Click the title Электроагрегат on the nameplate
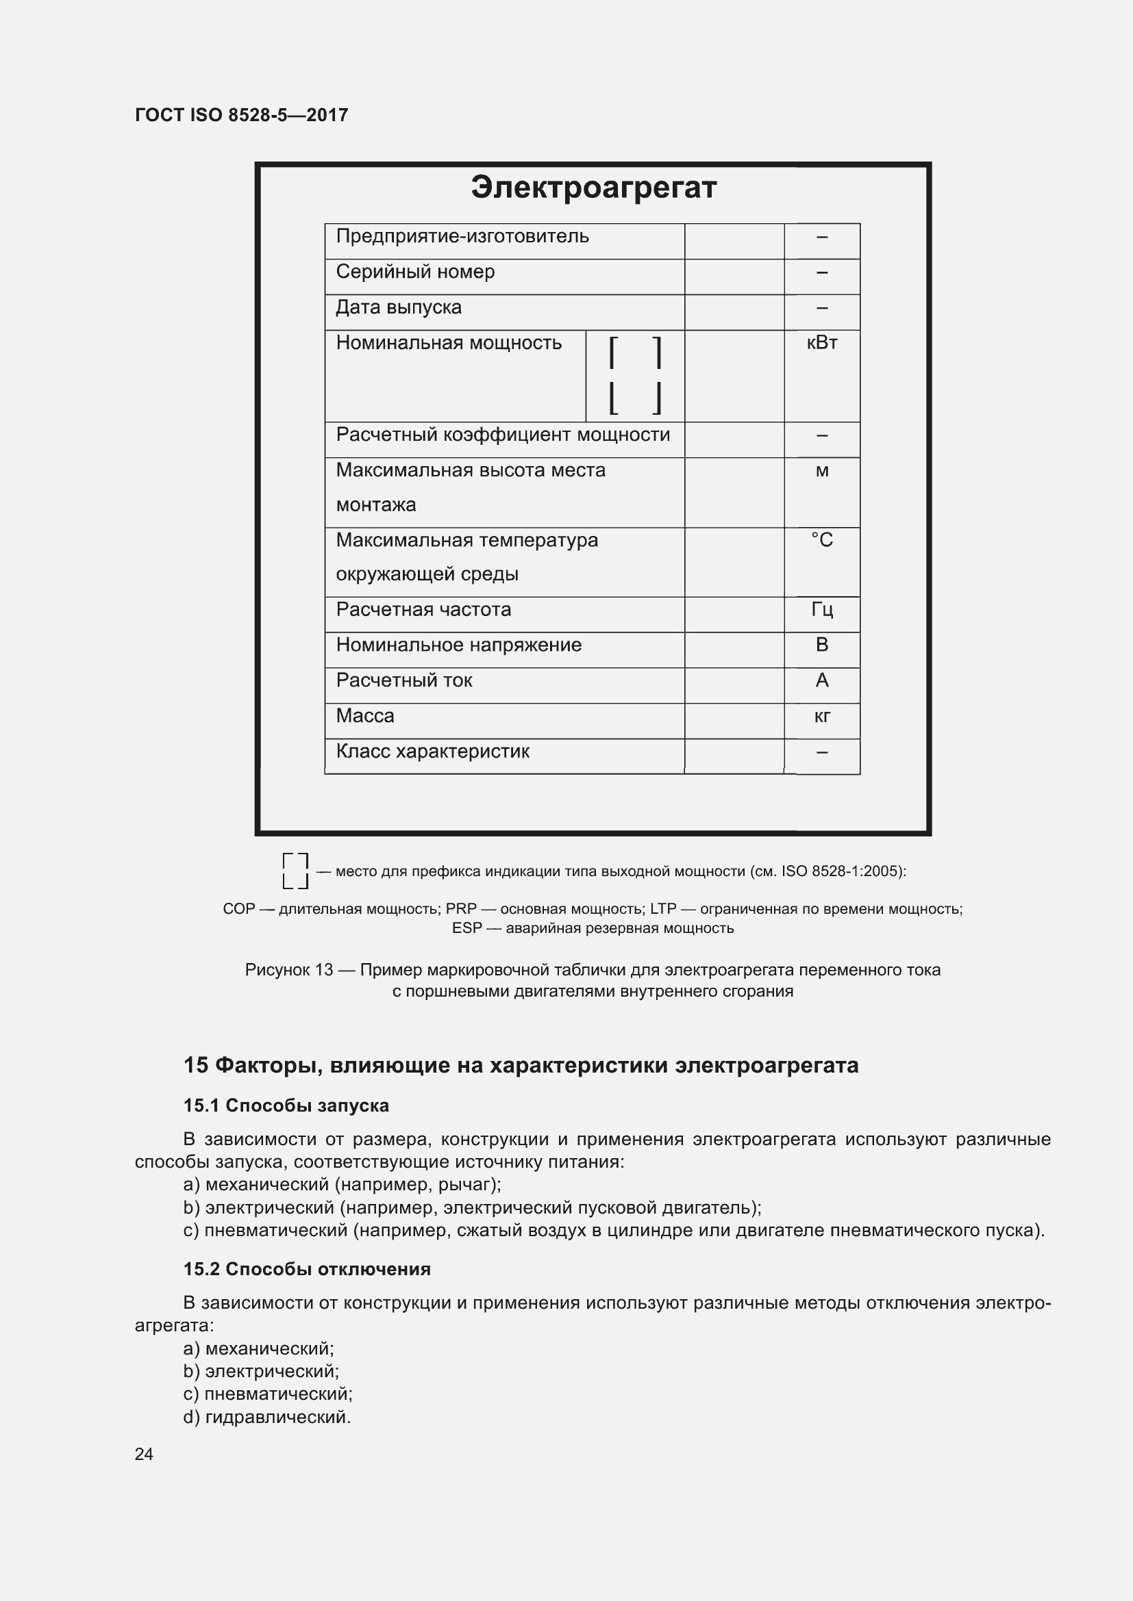tap(593, 188)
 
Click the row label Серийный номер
tap(415, 272)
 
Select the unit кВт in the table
tap(821, 343)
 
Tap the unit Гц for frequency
tap(821, 610)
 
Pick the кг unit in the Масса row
tap(821, 716)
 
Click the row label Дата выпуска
tap(399, 307)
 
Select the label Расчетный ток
tap(404, 680)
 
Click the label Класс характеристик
tap(432, 752)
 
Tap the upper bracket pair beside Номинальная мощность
tap(635, 353)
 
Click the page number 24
tap(144, 1454)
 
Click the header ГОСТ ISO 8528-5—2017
tap(241, 115)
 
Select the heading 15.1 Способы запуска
tap(286, 1106)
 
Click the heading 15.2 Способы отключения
tap(307, 1269)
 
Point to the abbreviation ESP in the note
tap(466, 929)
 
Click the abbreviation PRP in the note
tap(461, 909)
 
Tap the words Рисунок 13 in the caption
tap(289, 970)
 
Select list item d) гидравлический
tap(267, 1417)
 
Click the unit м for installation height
tap(821, 471)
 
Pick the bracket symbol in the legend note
tap(295, 871)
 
